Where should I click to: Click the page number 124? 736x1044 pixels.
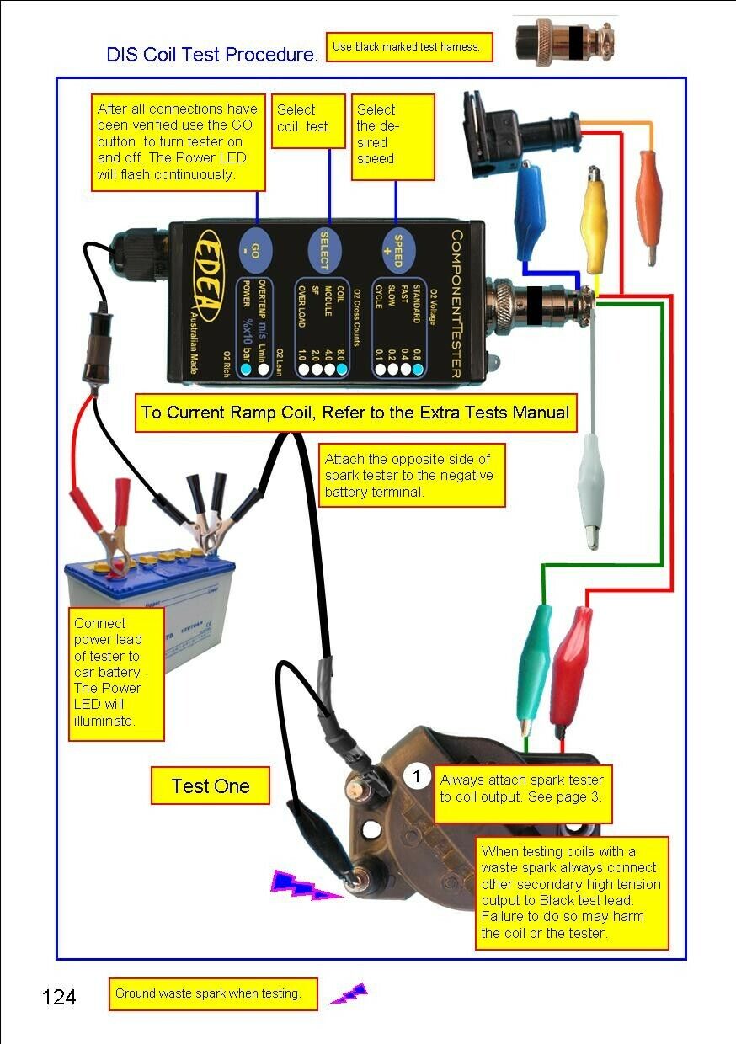(x=59, y=998)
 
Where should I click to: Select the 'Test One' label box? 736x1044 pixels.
(x=211, y=786)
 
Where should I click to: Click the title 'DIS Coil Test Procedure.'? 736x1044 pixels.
(x=212, y=55)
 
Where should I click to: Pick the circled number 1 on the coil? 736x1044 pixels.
(x=418, y=776)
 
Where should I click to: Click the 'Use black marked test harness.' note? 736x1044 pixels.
(x=408, y=47)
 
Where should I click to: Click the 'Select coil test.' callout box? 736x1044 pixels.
(x=307, y=120)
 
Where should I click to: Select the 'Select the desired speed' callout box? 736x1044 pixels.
(x=392, y=136)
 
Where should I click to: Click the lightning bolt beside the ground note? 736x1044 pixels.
(x=349, y=993)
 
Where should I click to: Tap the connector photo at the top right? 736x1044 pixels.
(x=564, y=40)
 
